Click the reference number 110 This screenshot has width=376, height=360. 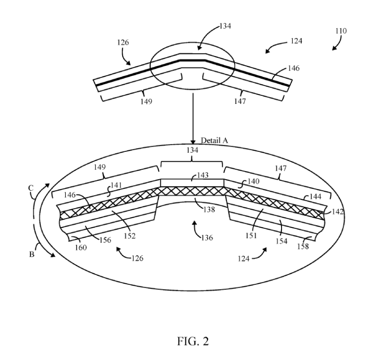[341, 31]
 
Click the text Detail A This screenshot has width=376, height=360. [214, 140]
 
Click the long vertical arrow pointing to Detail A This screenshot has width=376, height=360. [193, 117]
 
